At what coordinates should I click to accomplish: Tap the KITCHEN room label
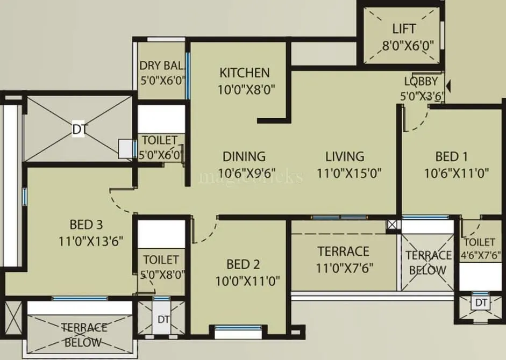coord(245,73)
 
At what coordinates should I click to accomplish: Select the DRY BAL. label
coord(162,66)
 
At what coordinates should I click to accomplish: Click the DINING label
coord(244,156)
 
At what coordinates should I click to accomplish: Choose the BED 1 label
coord(451,156)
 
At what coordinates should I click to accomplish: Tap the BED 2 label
coord(243,264)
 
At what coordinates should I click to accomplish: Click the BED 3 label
coord(86,224)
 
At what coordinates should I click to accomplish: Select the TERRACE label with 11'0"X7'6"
coord(343,251)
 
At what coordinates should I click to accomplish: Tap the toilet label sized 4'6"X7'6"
coord(482,243)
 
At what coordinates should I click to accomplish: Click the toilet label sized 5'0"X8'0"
coord(161,260)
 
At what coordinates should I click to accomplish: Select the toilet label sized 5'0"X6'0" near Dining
coord(159,140)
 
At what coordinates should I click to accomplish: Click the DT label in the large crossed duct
coord(79,129)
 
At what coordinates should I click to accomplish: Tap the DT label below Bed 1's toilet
coord(481,303)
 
